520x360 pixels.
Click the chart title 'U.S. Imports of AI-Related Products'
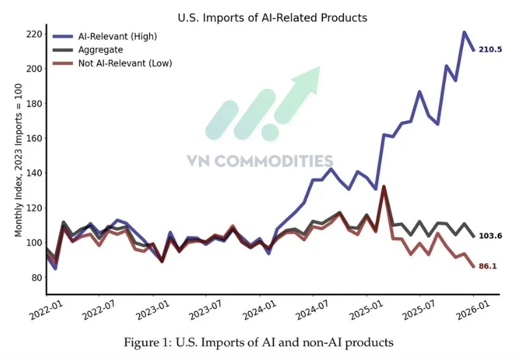tap(272, 18)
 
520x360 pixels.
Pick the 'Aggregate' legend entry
tap(101, 49)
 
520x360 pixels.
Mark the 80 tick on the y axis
tap(37, 278)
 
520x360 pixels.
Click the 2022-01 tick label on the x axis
tap(45, 306)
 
